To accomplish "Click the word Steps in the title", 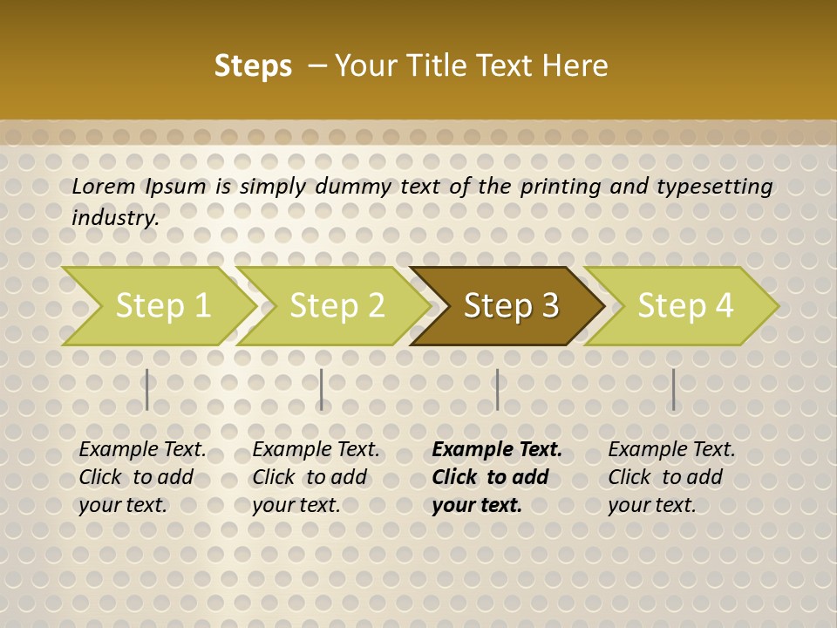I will [253, 66].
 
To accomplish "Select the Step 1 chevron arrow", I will [160, 305].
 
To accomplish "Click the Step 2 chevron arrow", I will [335, 305].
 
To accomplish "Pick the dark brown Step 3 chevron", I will [509, 305].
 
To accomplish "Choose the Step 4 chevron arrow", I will [684, 305].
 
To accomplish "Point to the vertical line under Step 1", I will [146, 389].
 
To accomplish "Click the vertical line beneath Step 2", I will [322, 389].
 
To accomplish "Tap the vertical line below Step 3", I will [497, 389].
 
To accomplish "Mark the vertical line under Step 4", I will [673, 389].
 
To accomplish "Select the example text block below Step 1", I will [142, 476].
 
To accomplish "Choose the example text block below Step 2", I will [316, 476].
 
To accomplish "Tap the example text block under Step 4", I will [671, 476].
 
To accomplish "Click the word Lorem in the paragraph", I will [103, 186].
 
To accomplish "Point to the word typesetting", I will [714, 187].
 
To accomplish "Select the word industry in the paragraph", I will [114, 217].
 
